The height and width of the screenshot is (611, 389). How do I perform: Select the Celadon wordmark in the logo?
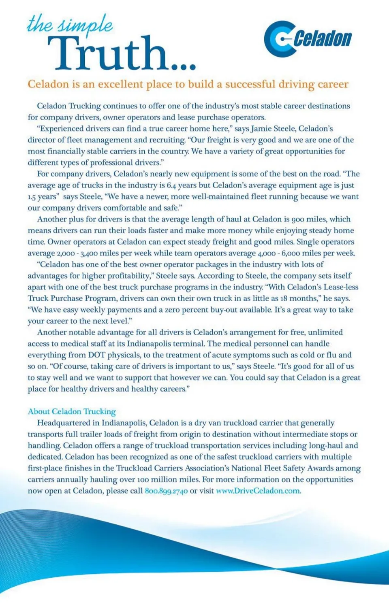[x=323, y=39]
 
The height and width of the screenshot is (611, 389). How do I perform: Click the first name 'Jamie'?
[x=261, y=129]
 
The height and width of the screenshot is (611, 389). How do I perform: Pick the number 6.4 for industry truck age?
[x=171, y=185]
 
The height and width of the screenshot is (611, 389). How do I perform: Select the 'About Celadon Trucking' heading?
[x=72, y=411]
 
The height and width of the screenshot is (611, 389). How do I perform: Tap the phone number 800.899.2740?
[x=166, y=491]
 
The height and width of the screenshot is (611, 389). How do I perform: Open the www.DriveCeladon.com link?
[x=258, y=491]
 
